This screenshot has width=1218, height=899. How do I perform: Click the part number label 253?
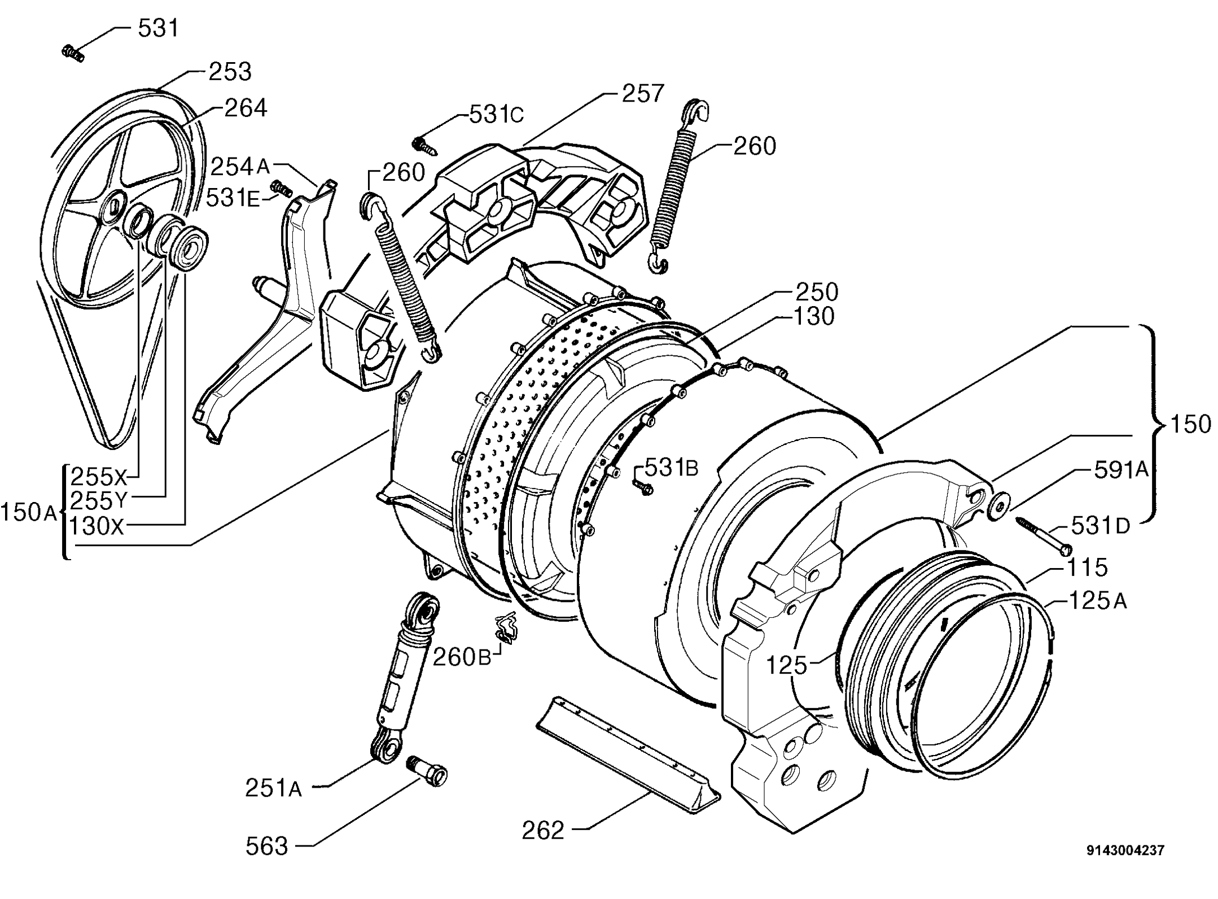point(230,72)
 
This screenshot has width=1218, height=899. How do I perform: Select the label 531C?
point(496,115)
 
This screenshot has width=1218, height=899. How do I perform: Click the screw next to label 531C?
point(424,145)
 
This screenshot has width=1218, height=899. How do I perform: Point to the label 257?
point(643,93)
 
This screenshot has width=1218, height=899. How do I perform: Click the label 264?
point(246,108)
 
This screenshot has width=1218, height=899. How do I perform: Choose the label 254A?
point(240,167)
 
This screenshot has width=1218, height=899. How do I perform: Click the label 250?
point(817,293)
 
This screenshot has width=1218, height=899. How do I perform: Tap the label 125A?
point(1097,601)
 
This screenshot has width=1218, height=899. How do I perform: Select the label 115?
point(1086,568)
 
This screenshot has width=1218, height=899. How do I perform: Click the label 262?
point(543,830)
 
